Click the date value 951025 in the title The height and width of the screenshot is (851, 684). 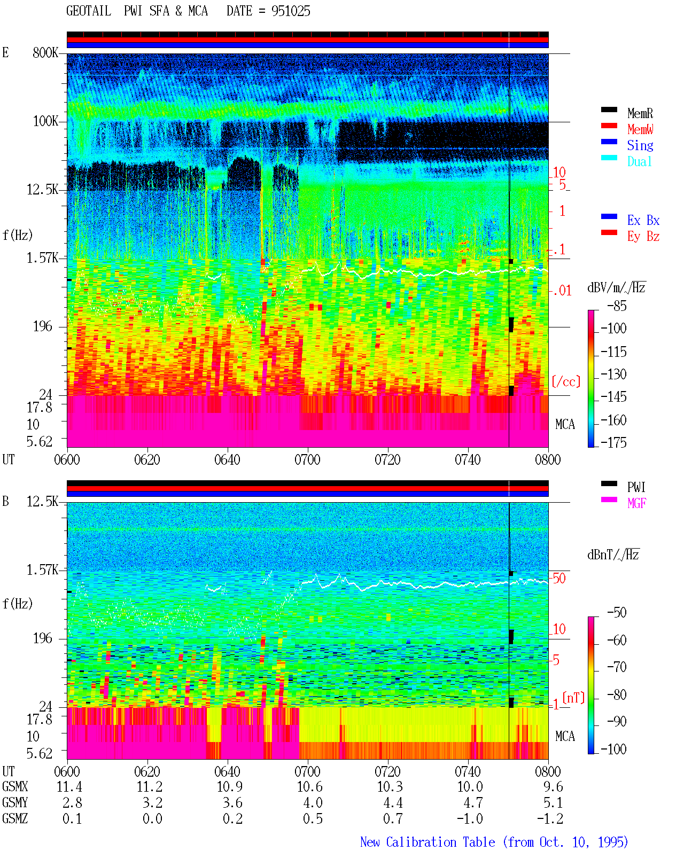(291, 11)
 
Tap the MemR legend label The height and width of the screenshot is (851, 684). (640, 113)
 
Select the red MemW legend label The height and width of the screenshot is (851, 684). (640, 129)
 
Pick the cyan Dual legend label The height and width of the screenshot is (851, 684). (639, 161)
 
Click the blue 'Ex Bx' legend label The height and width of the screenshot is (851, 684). (643, 220)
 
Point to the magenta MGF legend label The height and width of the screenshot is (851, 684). (636, 503)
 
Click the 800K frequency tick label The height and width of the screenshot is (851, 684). (45, 52)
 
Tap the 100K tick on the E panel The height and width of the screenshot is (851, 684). (45, 121)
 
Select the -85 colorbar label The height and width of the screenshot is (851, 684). (617, 306)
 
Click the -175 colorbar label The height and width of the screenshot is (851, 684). (613, 442)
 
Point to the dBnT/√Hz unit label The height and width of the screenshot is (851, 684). (613, 555)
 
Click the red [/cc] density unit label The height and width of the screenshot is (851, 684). (566, 381)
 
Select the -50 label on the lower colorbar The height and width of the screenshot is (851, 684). (617, 613)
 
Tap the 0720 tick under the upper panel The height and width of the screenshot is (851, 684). (388, 459)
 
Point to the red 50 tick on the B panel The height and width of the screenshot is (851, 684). (559, 579)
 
